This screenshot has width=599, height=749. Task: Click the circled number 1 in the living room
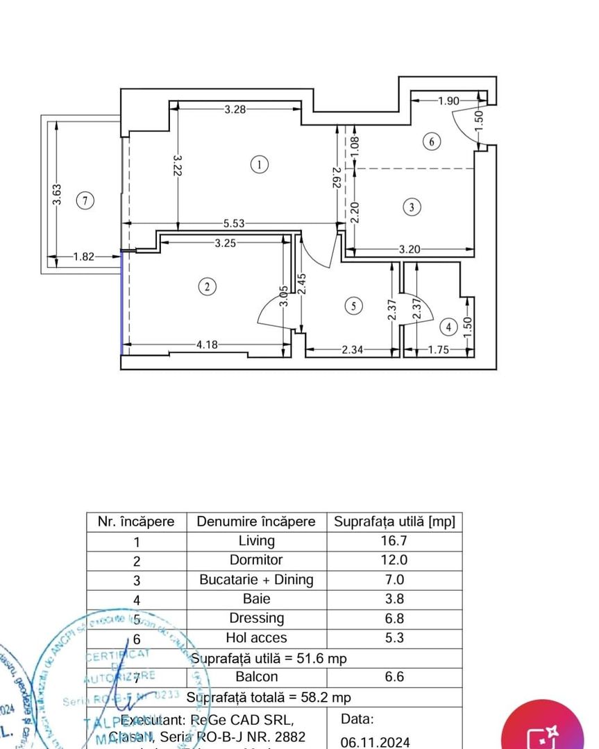[258, 165]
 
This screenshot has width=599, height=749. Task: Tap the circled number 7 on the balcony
[84, 201]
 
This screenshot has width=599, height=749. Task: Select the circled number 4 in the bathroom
[448, 326]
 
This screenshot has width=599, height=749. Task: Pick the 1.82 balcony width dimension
[83, 257]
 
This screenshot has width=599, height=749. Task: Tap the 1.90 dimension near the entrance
[448, 101]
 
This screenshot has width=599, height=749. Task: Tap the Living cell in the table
[256, 541]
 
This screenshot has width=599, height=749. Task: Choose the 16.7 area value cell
[394, 541]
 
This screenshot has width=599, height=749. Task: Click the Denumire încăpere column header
[256, 522]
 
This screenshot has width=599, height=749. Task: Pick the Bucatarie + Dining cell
[256, 580]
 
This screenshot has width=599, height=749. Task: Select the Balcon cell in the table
[256, 677]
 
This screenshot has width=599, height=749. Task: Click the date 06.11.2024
[376, 741]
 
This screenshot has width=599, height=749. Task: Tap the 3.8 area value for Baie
[394, 599]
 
